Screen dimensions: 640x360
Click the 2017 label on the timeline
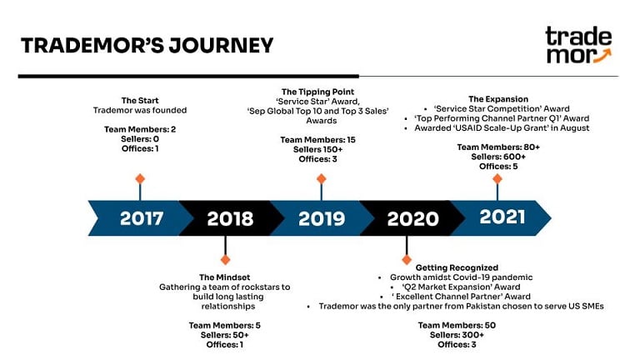click(x=142, y=218)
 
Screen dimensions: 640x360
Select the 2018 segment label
click(x=230, y=219)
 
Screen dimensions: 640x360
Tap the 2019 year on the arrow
click(x=322, y=219)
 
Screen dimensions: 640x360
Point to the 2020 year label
click(x=412, y=219)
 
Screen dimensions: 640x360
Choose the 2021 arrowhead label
click(x=502, y=217)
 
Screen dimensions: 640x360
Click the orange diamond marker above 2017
click(x=140, y=179)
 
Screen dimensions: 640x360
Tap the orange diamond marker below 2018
click(x=225, y=260)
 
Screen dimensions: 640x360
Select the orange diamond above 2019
click(x=321, y=179)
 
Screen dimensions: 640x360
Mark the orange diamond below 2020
click(x=407, y=260)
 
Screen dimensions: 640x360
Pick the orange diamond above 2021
click(x=497, y=179)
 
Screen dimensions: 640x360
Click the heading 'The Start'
click(x=140, y=100)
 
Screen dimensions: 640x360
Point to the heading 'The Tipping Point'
click(x=318, y=92)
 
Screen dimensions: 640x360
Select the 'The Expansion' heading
click(x=498, y=99)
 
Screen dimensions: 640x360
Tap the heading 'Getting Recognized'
click(x=457, y=267)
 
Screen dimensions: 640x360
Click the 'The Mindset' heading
click(x=224, y=277)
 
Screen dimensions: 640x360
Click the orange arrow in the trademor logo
click(x=602, y=56)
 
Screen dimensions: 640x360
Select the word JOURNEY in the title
click(x=221, y=45)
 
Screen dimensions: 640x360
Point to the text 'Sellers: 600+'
click(x=498, y=157)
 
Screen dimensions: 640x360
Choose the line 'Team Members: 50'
click(x=457, y=325)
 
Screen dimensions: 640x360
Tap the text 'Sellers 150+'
click(x=318, y=149)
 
